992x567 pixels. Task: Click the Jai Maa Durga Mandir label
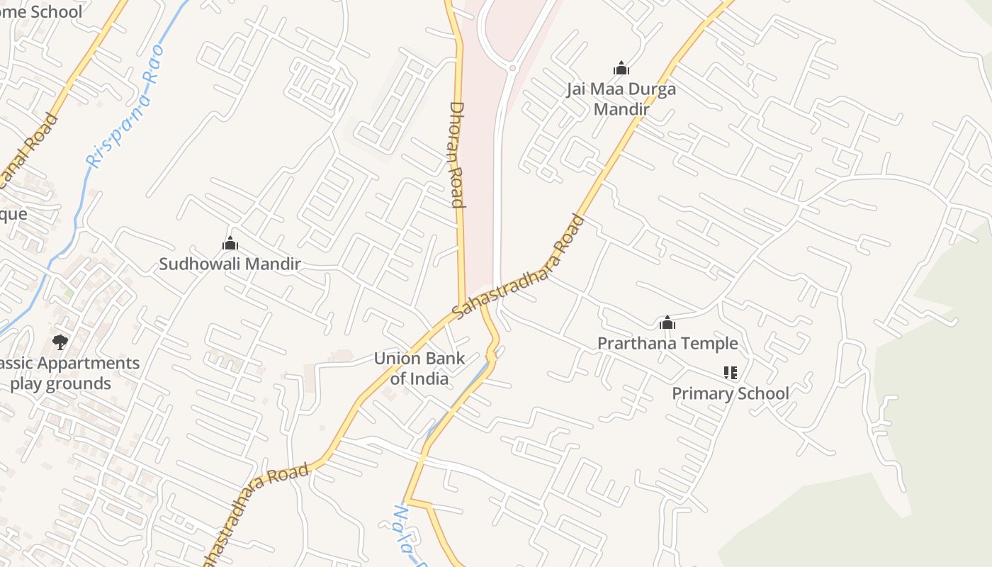pyautogui.click(x=621, y=99)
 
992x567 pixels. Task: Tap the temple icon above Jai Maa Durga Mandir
pyautogui.click(x=621, y=68)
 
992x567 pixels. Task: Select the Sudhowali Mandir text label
pyautogui.click(x=230, y=264)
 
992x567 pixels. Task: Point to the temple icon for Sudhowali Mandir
pyautogui.click(x=230, y=244)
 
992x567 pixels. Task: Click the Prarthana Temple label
pyautogui.click(x=667, y=344)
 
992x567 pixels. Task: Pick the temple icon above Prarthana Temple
pyautogui.click(x=667, y=323)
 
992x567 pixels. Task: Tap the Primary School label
pyautogui.click(x=730, y=393)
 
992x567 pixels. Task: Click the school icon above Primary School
pyautogui.click(x=731, y=372)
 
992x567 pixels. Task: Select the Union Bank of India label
pyautogui.click(x=419, y=368)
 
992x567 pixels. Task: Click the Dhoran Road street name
pyautogui.click(x=457, y=155)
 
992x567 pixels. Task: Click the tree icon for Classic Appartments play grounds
pyautogui.click(x=60, y=342)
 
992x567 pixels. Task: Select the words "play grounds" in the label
pyautogui.click(x=61, y=384)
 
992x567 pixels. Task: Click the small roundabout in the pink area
pyautogui.click(x=512, y=68)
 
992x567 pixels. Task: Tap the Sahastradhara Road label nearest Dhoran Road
pyautogui.click(x=519, y=266)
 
